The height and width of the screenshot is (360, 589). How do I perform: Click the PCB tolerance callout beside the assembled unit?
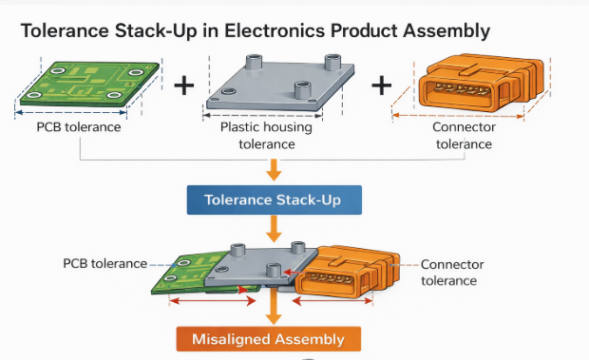tap(105, 262)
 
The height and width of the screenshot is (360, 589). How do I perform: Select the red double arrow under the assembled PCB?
tap(211, 300)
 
